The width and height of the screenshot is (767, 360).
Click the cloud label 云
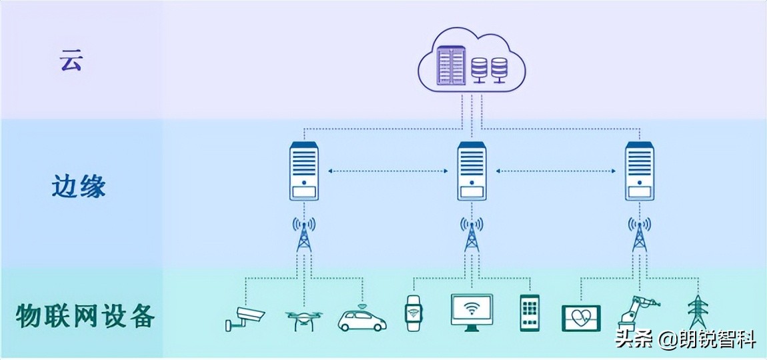[71, 61]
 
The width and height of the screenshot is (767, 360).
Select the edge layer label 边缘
[79, 187]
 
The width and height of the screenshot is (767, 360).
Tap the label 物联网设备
[85, 315]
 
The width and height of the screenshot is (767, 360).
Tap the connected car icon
[362, 319]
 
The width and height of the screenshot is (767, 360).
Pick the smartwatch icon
[414, 313]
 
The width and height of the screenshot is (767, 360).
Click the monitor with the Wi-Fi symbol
[472, 311]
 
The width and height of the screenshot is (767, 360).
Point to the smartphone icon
[529, 313]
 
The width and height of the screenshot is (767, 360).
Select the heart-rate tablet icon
[581, 318]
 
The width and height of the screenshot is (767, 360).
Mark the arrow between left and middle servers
[388, 171]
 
